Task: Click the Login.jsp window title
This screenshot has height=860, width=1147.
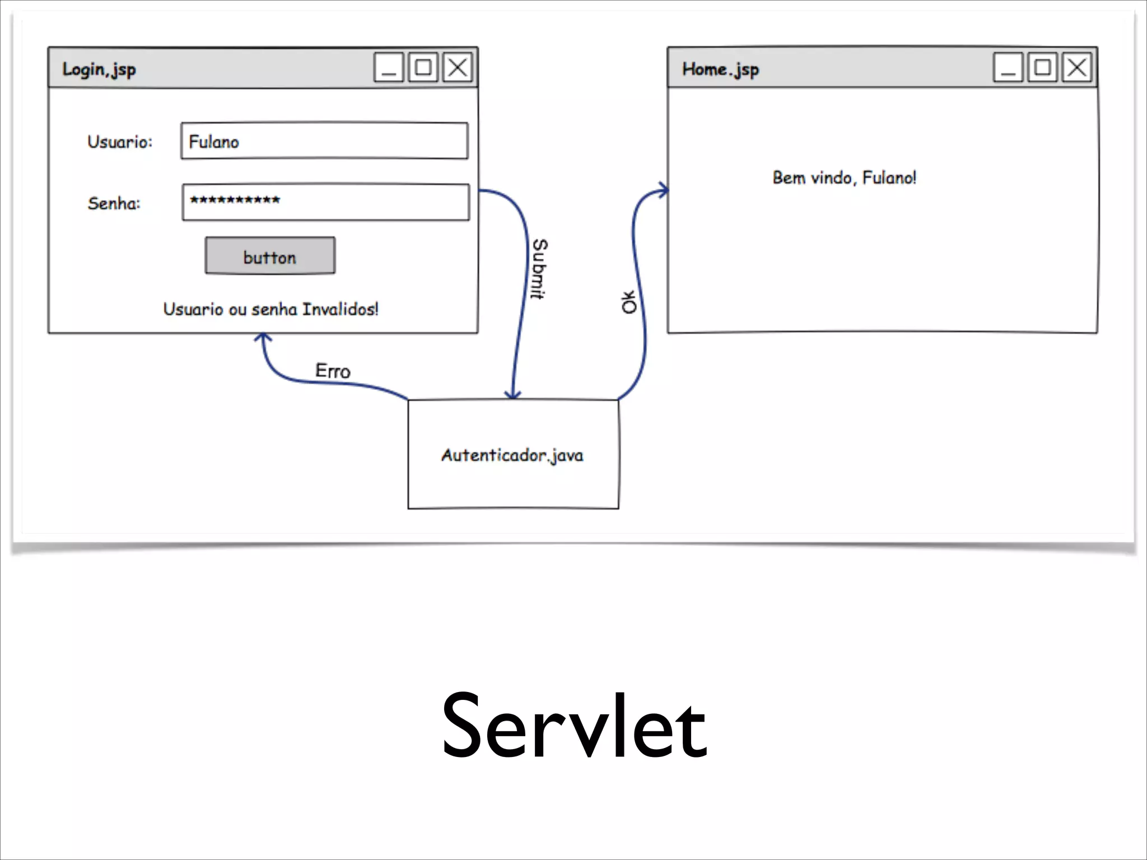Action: click(99, 69)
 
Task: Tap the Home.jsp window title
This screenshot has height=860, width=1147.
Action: click(720, 69)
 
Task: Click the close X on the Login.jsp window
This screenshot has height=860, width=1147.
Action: click(458, 68)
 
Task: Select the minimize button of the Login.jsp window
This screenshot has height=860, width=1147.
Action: click(389, 68)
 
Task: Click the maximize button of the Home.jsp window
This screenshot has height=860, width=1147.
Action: click(1042, 68)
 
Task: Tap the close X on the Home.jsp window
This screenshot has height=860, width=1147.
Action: click(1076, 68)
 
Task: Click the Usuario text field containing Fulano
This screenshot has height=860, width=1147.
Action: click(324, 141)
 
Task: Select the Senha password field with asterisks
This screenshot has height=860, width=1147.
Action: click(325, 202)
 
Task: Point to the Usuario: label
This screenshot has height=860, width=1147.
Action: click(119, 142)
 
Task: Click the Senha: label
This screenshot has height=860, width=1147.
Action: click(114, 203)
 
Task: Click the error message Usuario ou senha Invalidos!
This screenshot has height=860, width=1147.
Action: click(271, 309)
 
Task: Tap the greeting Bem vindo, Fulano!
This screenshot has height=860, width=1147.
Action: click(844, 178)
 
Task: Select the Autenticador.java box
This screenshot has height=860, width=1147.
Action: click(513, 455)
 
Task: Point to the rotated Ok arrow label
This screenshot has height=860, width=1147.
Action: click(629, 302)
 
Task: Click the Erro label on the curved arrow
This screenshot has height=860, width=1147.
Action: click(333, 371)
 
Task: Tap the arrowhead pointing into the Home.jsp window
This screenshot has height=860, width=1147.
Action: click(664, 190)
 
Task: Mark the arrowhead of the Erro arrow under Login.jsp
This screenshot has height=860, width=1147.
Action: click(263, 338)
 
